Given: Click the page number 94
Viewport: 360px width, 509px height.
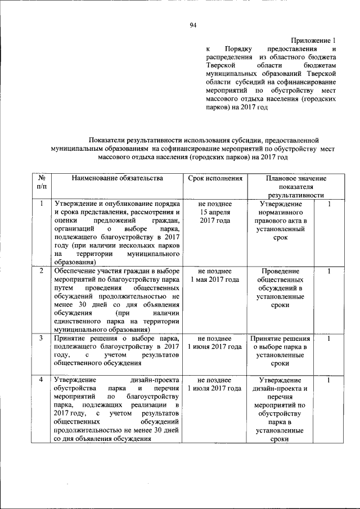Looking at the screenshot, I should point(193,25).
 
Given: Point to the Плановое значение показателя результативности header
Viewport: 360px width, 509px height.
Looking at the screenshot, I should point(296,186).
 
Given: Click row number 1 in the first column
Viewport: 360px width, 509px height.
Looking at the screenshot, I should point(41,204).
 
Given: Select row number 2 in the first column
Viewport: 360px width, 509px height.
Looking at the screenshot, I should point(41,271).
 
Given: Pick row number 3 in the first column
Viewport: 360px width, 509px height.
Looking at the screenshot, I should point(41,339).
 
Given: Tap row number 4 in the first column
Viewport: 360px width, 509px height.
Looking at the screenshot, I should point(41,380).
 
